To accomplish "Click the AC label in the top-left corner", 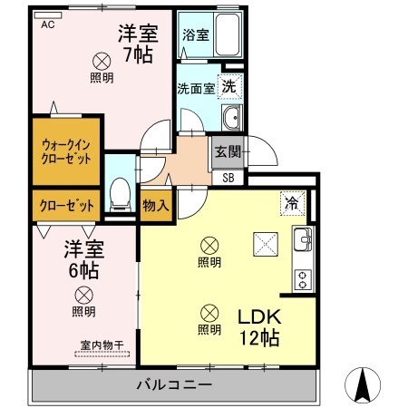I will point(47,24).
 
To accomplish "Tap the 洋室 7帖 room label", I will point(138,43).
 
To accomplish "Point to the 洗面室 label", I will point(196,89).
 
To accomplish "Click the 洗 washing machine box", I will point(229,88).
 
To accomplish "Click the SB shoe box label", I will point(228,177).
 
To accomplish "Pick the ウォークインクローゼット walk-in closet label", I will point(65,151).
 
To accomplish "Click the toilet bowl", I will point(118,193).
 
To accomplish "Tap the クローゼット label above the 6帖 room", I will point(66,205).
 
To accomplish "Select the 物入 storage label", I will point(156,205).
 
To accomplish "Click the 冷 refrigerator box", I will point(293,203).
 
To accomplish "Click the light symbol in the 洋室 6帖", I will point(83,294).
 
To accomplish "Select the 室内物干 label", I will point(101,345).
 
